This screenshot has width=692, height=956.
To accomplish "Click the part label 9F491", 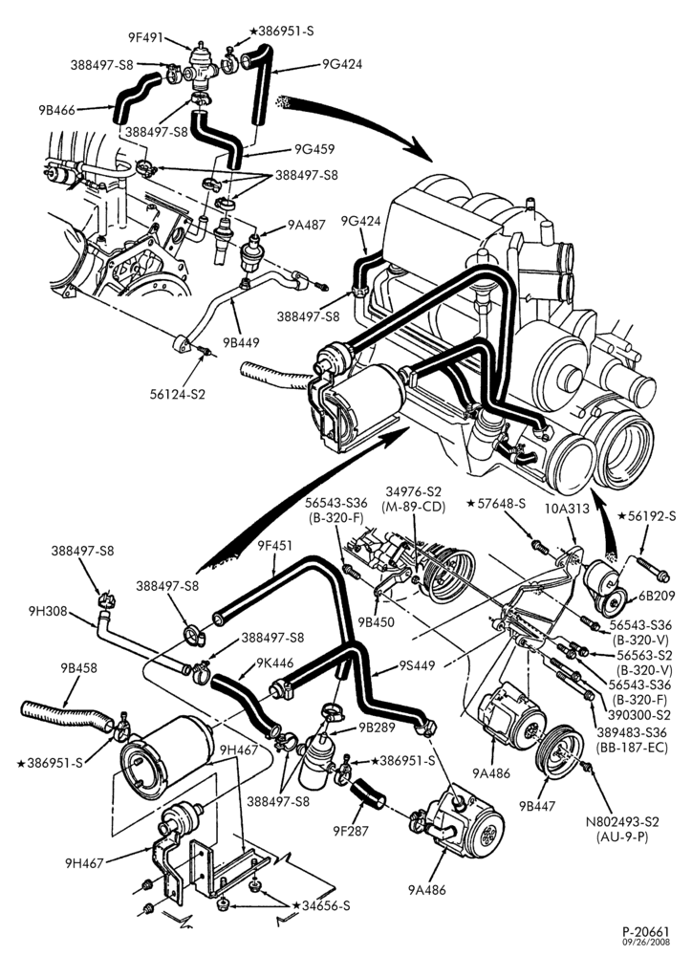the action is (x=145, y=38).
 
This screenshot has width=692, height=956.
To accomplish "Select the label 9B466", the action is (x=56, y=110).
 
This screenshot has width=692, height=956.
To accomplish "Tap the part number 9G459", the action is (x=314, y=149).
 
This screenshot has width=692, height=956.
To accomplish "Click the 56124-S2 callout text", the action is (x=178, y=394).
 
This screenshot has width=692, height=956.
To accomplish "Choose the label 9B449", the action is (x=241, y=342).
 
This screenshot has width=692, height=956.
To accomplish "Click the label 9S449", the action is (x=417, y=665).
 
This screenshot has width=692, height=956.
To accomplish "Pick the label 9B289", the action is (x=377, y=727).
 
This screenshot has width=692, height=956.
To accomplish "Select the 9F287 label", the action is (x=351, y=830).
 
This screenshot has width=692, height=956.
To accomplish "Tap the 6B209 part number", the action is (x=657, y=596).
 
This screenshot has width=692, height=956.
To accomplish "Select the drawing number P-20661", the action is (x=646, y=932).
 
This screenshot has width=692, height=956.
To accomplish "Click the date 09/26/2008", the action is (x=646, y=943).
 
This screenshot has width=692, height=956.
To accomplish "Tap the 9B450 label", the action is (x=377, y=622).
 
